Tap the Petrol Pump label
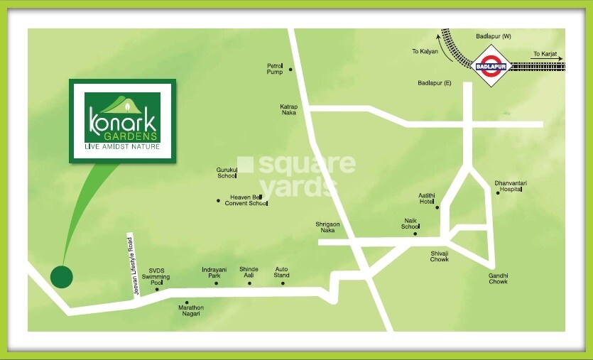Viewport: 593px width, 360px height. [275, 69]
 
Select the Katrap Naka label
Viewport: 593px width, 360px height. [289, 109]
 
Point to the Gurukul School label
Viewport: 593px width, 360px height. [227, 173]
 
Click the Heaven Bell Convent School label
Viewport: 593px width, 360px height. [246, 200]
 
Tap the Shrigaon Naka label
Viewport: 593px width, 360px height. [328, 227]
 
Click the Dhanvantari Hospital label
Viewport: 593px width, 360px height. [510, 187]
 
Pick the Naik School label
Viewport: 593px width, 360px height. [410, 224]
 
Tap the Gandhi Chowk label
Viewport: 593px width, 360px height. [498, 278]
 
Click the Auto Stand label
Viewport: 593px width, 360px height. [282, 272]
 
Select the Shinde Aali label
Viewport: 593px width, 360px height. [249, 272]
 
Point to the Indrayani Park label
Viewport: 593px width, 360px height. [214, 272]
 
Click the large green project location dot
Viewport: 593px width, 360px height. [62, 277]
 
